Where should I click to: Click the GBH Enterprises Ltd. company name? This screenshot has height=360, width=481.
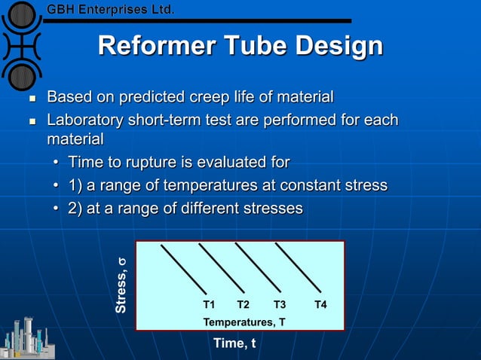pyautogui.click(x=112, y=10)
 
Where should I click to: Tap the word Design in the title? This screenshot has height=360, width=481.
pyautogui.click(x=339, y=47)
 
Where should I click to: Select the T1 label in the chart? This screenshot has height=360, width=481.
pyautogui.click(x=210, y=305)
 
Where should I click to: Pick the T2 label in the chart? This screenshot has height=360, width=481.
pyautogui.click(x=243, y=305)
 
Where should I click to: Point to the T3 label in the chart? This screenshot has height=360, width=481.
pyautogui.click(x=280, y=305)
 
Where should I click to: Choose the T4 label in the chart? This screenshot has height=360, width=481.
pyautogui.click(x=320, y=305)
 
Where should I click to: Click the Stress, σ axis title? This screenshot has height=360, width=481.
pyautogui.click(x=121, y=285)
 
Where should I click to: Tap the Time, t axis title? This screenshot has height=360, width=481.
pyautogui.click(x=234, y=343)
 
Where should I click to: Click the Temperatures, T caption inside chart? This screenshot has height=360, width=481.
pyautogui.click(x=244, y=322)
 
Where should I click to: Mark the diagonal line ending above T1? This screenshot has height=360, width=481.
pyautogui.click(x=183, y=268)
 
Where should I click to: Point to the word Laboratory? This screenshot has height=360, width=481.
pyautogui.click(x=87, y=121)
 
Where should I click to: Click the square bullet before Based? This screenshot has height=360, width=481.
pyautogui.click(x=31, y=99)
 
